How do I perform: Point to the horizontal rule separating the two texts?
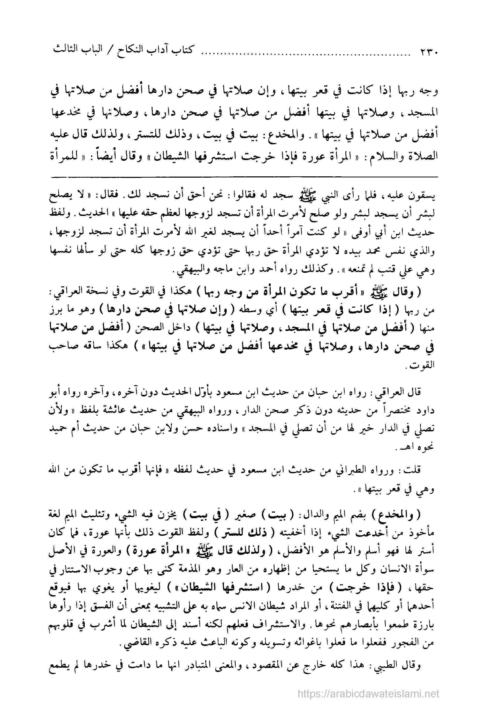tap(243, 177)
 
